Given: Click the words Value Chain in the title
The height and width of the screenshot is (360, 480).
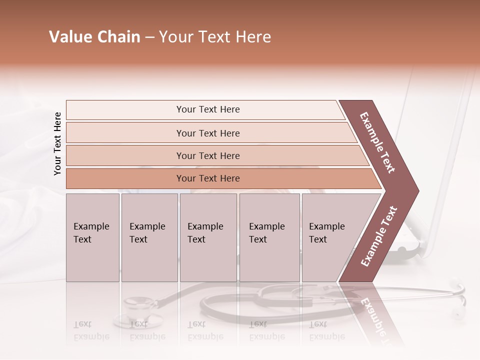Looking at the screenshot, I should click(94, 37).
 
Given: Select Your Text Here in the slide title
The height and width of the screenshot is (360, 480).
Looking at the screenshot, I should click(215, 37).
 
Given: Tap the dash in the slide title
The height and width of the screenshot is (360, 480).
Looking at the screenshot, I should click(149, 37).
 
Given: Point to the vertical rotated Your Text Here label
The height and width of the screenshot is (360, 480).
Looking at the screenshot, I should click(57, 143).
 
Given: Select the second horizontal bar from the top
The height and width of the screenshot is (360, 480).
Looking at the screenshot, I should click(208, 133).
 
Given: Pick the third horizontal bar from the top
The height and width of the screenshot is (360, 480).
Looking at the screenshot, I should click(208, 155).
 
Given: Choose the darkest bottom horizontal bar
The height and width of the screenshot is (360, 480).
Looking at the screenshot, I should click(208, 178).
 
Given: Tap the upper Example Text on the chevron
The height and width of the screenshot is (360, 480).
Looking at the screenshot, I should click(377, 142).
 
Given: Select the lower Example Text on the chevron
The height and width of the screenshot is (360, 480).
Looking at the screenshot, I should click(379, 236).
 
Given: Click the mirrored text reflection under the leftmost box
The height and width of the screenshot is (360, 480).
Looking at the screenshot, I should click(91, 330).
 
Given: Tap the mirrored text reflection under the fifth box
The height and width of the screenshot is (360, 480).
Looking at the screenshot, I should click(326, 330).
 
